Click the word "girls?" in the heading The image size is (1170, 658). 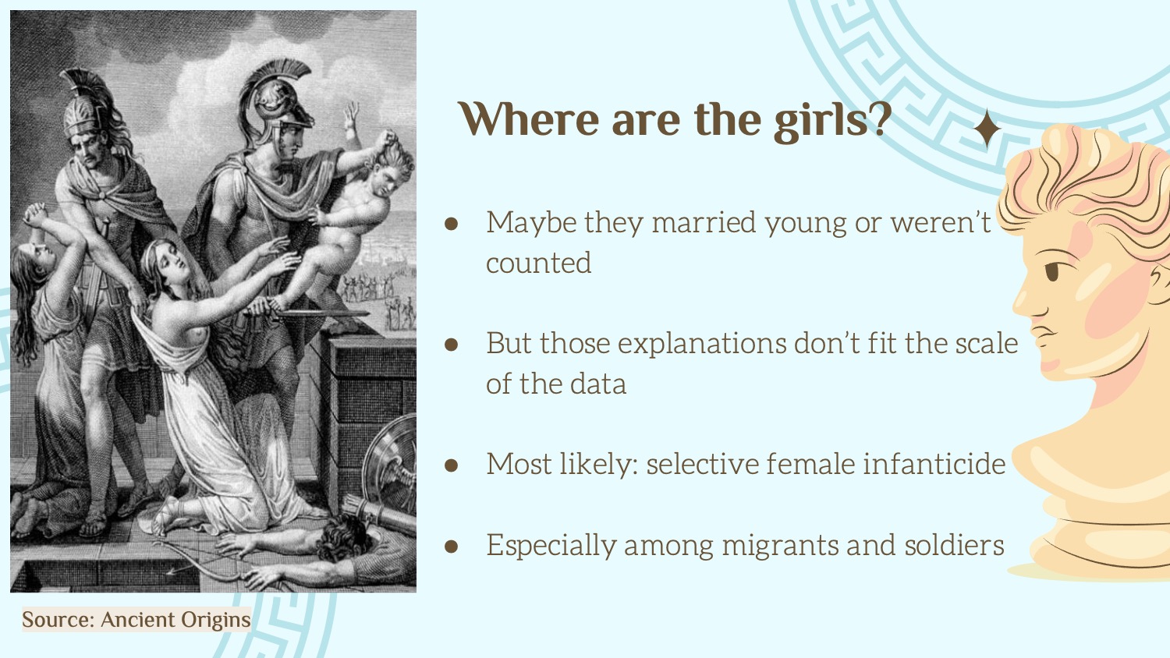point(833,121)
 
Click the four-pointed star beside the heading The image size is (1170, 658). point(987,129)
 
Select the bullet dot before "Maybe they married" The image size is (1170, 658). point(451,224)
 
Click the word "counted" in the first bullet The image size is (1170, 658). point(538,263)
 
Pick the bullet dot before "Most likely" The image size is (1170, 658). point(451,465)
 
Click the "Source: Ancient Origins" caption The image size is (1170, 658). point(136,619)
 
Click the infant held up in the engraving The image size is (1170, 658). point(354,219)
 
